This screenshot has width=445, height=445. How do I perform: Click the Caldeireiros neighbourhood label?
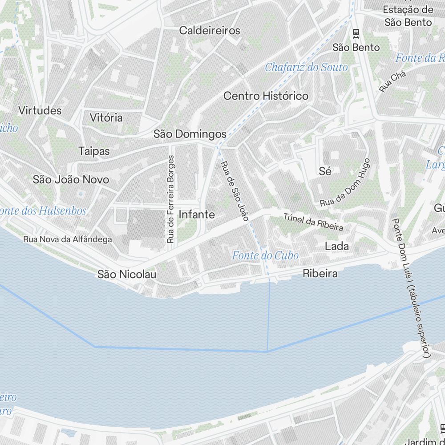tap(210, 31)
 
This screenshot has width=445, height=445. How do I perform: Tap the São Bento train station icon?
tap(356, 32)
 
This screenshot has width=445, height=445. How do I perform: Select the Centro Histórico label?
tap(266, 96)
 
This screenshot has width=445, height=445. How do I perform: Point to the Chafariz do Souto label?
tap(306, 68)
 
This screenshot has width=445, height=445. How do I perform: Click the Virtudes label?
tap(40, 110)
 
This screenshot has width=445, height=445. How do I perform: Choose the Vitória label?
tap(106, 118)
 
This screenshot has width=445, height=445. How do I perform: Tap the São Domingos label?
tap(190, 134)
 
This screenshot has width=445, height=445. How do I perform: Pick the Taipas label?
tap(94, 151)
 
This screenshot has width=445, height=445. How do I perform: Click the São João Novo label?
tap(71, 180)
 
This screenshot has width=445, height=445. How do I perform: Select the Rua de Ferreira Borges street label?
tap(171, 199)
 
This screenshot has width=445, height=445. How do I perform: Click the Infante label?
tap(196, 214)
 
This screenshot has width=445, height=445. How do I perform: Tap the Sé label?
tap(325, 171)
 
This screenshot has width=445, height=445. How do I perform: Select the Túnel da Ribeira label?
tap(314, 222)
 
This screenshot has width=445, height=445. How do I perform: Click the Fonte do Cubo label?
tap(265, 255)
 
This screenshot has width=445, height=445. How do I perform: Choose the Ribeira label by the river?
tap(320, 274)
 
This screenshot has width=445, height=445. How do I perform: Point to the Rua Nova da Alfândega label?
tap(68, 239)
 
